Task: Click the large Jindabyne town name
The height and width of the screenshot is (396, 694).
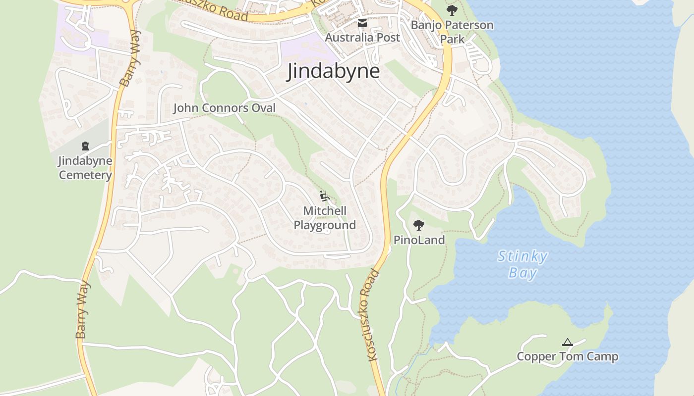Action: (x=334, y=71)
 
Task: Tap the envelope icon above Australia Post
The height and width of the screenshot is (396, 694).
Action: (x=362, y=23)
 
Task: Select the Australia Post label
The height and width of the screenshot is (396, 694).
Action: (x=362, y=37)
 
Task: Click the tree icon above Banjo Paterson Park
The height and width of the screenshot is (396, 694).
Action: (x=452, y=10)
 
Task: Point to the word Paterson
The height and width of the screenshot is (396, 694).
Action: (x=469, y=25)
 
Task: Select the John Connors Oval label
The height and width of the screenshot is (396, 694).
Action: (x=224, y=108)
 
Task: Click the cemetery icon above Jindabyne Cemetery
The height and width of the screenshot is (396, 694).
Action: (x=85, y=146)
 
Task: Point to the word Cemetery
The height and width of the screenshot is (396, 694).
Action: (x=85, y=175)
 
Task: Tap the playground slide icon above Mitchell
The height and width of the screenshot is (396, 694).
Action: (x=325, y=196)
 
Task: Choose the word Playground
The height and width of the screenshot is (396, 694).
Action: (x=325, y=225)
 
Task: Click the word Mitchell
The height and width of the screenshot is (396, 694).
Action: (x=325, y=211)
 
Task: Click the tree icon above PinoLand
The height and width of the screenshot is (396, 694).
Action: (x=419, y=225)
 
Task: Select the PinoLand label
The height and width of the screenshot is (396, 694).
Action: (x=419, y=240)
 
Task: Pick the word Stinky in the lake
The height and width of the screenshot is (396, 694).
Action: (x=522, y=256)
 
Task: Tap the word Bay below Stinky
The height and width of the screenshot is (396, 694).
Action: (x=522, y=273)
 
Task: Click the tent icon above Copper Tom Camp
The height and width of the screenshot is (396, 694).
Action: (x=568, y=342)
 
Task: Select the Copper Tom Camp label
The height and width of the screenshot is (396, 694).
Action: (x=568, y=356)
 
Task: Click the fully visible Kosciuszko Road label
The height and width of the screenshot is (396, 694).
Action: (x=370, y=315)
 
